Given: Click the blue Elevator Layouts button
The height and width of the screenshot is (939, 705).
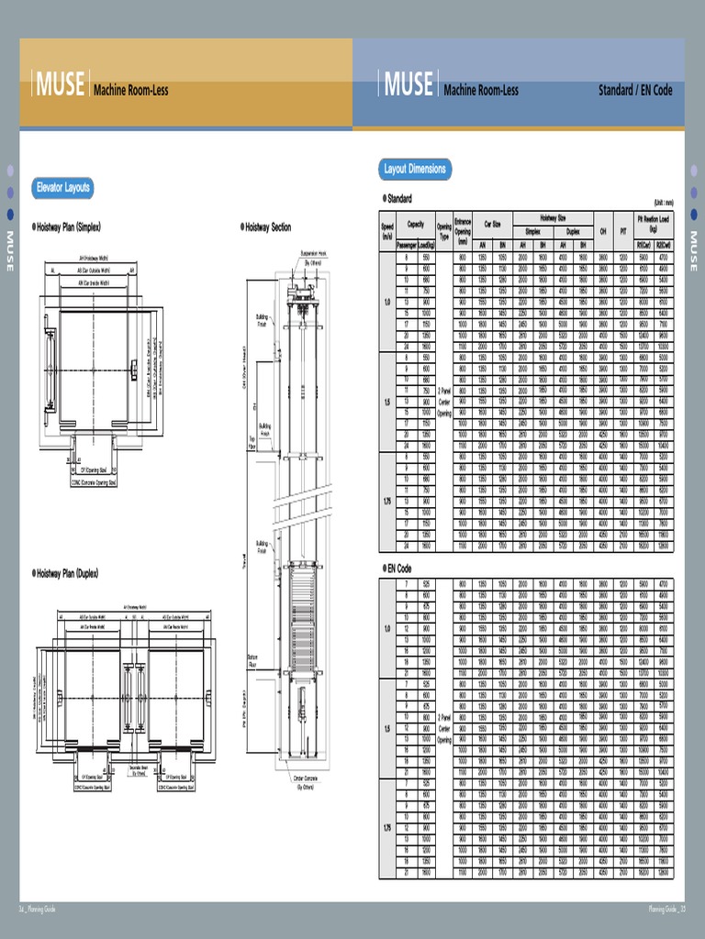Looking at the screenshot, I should [62, 188].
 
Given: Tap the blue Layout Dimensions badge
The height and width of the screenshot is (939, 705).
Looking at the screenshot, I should [414, 169].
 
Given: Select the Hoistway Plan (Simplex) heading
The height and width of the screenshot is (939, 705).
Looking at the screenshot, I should [67, 226].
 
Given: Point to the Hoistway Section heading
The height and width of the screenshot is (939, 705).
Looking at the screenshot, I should [265, 226].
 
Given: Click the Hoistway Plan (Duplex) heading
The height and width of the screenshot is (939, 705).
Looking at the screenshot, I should [65, 573].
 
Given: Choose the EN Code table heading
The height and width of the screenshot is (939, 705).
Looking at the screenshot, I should [397, 569].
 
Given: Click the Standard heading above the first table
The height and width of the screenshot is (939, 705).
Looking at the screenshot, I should [397, 198].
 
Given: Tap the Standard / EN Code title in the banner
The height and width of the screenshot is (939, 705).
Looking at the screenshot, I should [635, 90].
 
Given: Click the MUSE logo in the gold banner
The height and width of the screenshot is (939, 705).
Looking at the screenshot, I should [61, 85].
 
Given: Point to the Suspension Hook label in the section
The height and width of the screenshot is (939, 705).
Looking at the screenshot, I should [313, 257].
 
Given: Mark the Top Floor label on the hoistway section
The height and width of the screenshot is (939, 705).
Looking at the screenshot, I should [253, 442].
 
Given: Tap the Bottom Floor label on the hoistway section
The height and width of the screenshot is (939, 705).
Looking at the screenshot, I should [253, 659].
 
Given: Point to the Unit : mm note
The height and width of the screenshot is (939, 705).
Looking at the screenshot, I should [663, 203].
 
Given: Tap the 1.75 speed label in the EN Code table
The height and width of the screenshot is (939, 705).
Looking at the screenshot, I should [386, 828].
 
